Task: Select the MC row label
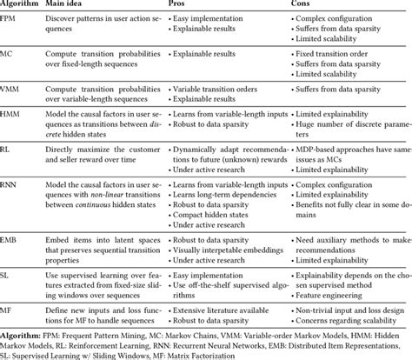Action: [10, 55]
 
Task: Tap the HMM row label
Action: [14, 113]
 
